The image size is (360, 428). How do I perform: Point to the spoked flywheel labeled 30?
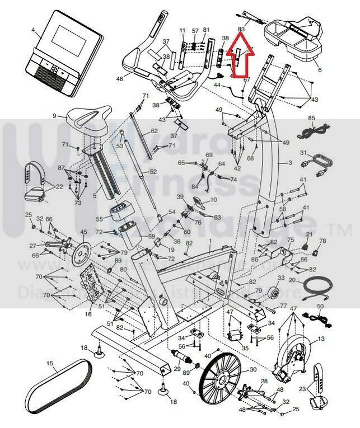tap(221, 378)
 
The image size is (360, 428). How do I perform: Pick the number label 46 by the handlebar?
tap(119, 79)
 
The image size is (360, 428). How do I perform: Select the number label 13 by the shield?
tap(321, 338)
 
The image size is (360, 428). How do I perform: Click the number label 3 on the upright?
tap(290, 162)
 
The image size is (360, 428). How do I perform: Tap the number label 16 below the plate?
tap(88, 314)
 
